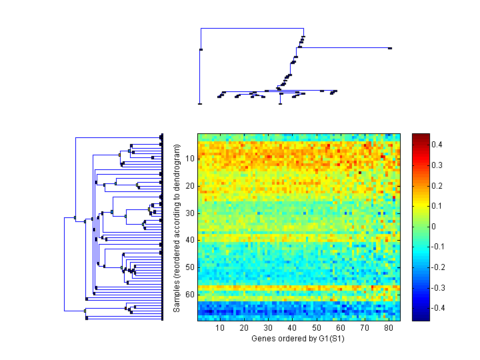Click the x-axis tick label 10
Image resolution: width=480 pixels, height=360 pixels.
tap(220, 328)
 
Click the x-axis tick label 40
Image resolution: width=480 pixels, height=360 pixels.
tap(292, 328)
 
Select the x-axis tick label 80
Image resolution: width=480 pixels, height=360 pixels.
tap(388, 328)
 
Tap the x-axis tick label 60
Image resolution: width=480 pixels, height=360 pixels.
tap(340, 328)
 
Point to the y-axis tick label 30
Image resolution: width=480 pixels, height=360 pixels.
tap(189, 213)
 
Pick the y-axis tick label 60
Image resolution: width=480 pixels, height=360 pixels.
tap(189, 294)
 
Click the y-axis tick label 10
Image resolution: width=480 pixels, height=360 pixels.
tap(189, 159)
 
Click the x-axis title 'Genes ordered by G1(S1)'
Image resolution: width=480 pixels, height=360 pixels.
tap(292, 339)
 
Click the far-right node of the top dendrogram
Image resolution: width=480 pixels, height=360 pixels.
tap(390, 48)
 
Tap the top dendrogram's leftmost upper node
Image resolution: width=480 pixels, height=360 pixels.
tap(201, 49)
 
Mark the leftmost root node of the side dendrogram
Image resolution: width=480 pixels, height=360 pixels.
tap(65, 217)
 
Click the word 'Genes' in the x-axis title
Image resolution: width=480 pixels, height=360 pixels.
tap(263, 339)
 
